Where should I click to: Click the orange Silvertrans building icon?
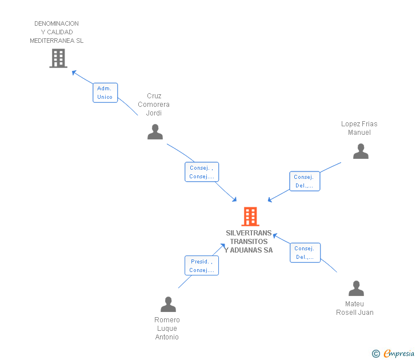tap(250, 217)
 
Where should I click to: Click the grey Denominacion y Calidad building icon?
tap(58, 58)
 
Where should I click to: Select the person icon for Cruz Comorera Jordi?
tap(155, 132)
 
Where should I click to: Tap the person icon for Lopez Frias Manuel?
tap(361, 151)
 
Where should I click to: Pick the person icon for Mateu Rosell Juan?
tap(356, 289)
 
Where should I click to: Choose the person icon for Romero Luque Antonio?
tap(168, 304)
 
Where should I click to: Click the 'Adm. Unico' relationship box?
tap(105, 93)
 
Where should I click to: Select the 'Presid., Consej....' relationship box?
tap(202, 266)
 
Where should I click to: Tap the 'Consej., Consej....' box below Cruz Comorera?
tap(202, 172)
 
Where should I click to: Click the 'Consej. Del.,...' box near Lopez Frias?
tap(305, 181)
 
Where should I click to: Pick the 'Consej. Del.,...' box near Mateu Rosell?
tap(305, 253)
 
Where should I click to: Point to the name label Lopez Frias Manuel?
tap(359, 128)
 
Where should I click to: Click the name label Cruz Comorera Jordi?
tap(154, 105)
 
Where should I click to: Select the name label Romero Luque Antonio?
tap(167, 329)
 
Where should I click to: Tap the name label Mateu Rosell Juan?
tap(355, 308)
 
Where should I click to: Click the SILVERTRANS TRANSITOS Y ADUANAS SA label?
tap(249, 242)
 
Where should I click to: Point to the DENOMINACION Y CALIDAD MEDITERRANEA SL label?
tap(57, 32)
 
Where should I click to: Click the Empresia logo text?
tap(399, 353)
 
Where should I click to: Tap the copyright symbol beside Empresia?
tap(375, 354)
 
